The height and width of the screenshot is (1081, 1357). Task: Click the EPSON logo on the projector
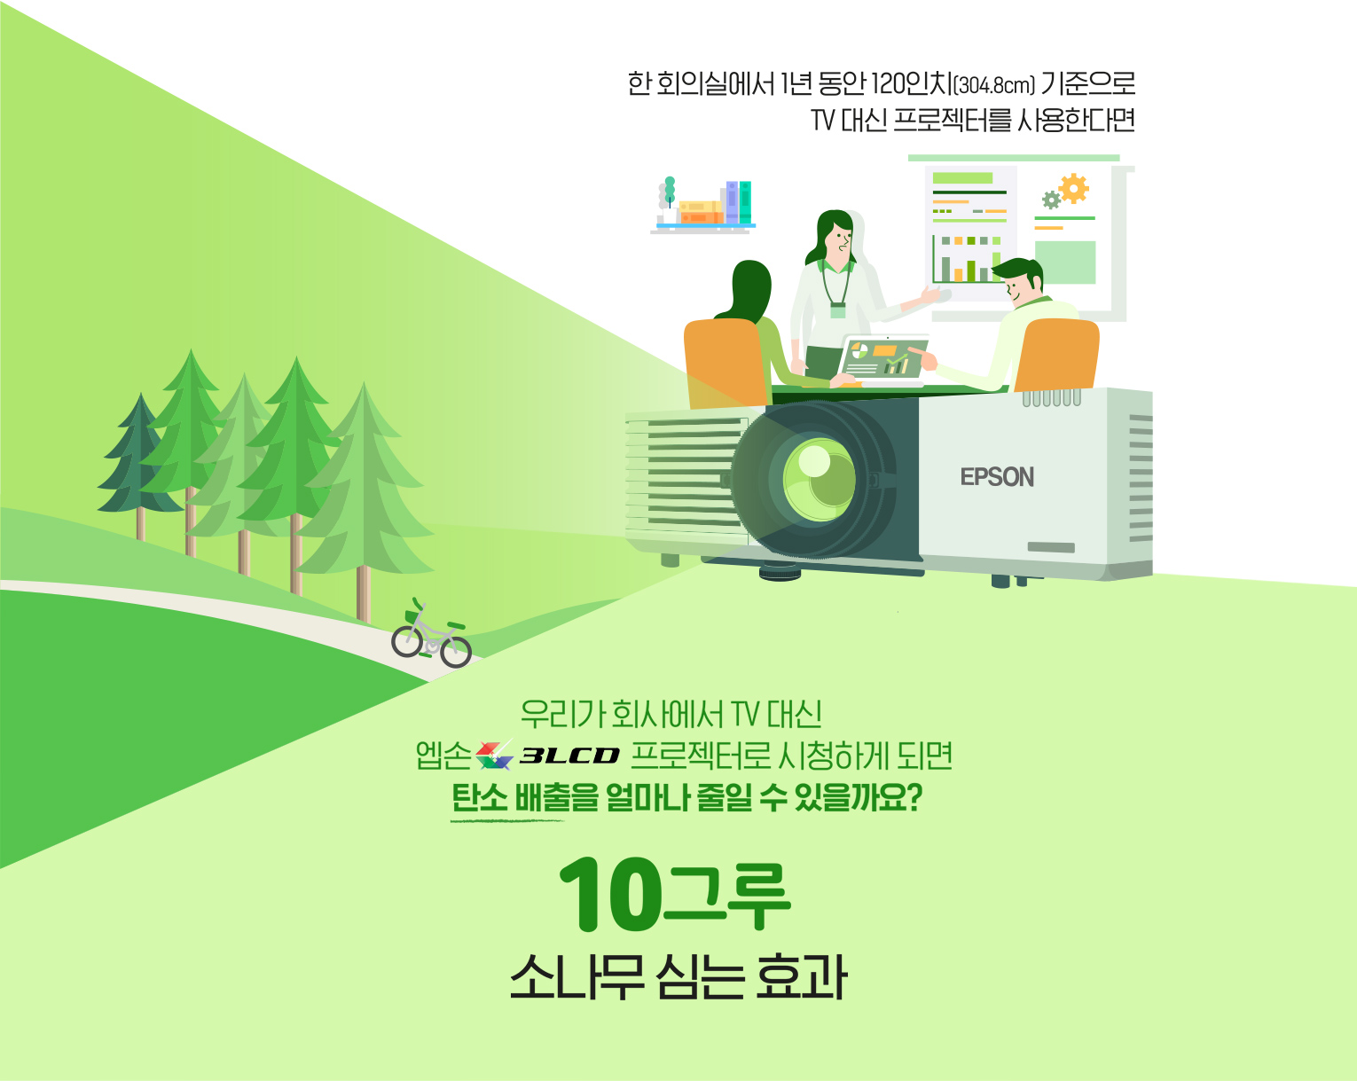point(997,477)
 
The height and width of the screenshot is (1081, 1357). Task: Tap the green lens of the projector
point(820,480)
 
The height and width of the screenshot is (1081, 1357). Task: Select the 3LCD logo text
point(569,755)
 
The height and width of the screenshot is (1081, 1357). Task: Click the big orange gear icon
point(1073,189)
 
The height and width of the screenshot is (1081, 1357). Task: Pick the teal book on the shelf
point(745,202)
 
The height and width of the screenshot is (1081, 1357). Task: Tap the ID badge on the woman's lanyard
point(837,310)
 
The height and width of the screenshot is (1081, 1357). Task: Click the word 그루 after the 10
point(726,896)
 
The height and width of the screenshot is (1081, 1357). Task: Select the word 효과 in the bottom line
point(801,976)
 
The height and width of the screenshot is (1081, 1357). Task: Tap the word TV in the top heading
point(823,121)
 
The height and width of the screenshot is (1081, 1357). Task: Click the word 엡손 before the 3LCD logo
point(443,755)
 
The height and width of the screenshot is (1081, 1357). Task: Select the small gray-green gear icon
point(1050,200)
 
